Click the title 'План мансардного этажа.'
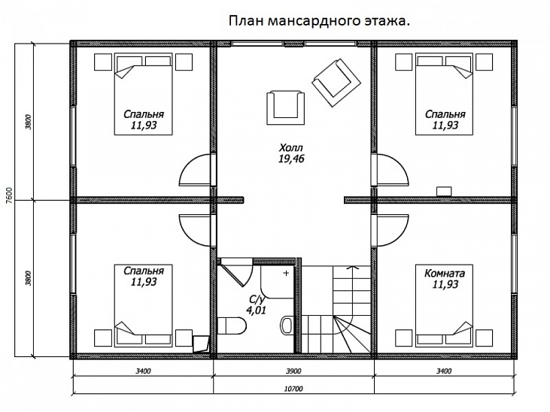(x=319, y=22)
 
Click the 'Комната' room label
(x=445, y=274)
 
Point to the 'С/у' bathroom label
(x=257, y=299)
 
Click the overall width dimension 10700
(x=293, y=389)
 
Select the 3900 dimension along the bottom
(x=293, y=371)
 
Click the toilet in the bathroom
(x=230, y=326)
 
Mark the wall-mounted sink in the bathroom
(x=287, y=325)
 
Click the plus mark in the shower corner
(x=286, y=274)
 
